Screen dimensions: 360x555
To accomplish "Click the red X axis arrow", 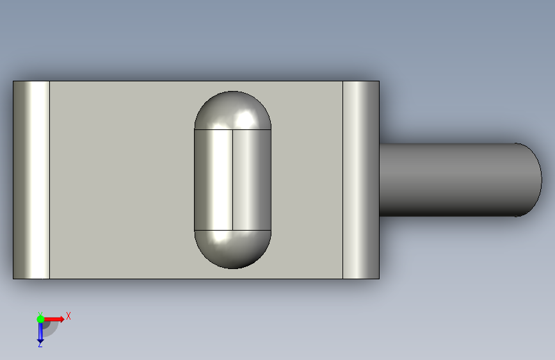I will click(x=54, y=318).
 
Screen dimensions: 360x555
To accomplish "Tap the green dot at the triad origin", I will click(x=40, y=318).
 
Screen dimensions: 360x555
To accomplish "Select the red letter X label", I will click(x=68, y=316).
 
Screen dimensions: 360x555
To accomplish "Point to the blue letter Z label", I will click(x=40, y=345).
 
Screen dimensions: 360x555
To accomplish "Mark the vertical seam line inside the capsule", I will click(x=232, y=179).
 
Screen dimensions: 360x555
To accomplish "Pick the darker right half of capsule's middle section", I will click(x=252, y=179).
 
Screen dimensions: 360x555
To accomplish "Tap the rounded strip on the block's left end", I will click(x=31, y=179).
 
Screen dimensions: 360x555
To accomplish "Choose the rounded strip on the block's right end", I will click(x=361, y=179).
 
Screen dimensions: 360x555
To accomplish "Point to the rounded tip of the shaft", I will click(x=535, y=179).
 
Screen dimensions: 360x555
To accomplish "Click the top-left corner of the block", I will click(x=13, y=81).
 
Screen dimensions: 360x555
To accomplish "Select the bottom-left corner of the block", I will click(x=13, y=279).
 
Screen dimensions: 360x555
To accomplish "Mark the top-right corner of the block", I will click(x=379, y=81).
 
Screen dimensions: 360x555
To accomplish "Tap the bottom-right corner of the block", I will click(x=379, y=279).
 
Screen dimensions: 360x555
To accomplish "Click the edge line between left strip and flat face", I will click(x=49, y=179).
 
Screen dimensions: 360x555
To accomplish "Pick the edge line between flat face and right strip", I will click(x=343, y=179).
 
